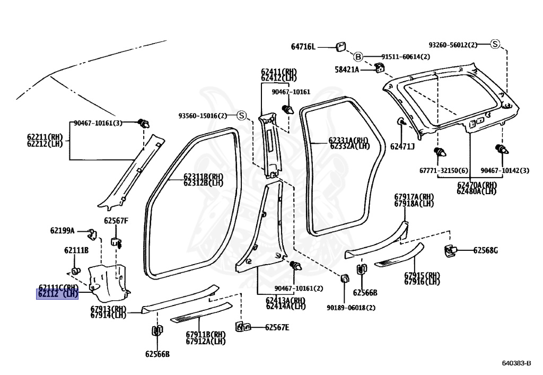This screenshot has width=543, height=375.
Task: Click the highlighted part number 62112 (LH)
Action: (x=57, y=294)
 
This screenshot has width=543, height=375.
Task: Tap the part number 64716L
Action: (x=303, y=47)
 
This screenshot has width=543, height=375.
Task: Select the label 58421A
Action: (x=347, y=69)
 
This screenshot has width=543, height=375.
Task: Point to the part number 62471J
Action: (x=402, y=146)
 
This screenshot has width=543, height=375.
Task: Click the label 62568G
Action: (x=486, y=250)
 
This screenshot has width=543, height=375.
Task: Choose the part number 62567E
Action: (x=277, y=327)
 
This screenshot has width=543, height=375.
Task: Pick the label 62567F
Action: (x=116, y=221)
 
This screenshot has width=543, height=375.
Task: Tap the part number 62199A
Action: (x=63, y=230)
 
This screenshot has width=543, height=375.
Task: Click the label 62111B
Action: (x=76, y=250)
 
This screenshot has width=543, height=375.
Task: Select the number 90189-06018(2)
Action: (x=351, y=308)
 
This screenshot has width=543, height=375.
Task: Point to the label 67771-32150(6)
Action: (x=444, y=170)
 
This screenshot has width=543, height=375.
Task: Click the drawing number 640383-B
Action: (x=516, y=363)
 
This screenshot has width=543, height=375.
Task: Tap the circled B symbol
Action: (x=358, y=56)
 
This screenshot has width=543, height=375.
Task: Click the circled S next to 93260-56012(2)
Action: (x=495, y=44)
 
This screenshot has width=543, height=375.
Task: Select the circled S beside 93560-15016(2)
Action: (x=241, y=115)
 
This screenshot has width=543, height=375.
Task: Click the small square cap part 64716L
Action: (x=340, y=46)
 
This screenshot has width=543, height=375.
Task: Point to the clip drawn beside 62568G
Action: (x=450, y=251)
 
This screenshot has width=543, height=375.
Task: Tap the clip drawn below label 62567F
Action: (x=116, y=242)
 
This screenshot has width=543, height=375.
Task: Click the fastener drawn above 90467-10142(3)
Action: (x=502, y=150)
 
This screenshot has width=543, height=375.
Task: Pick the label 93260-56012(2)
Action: (x=453, y=45)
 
